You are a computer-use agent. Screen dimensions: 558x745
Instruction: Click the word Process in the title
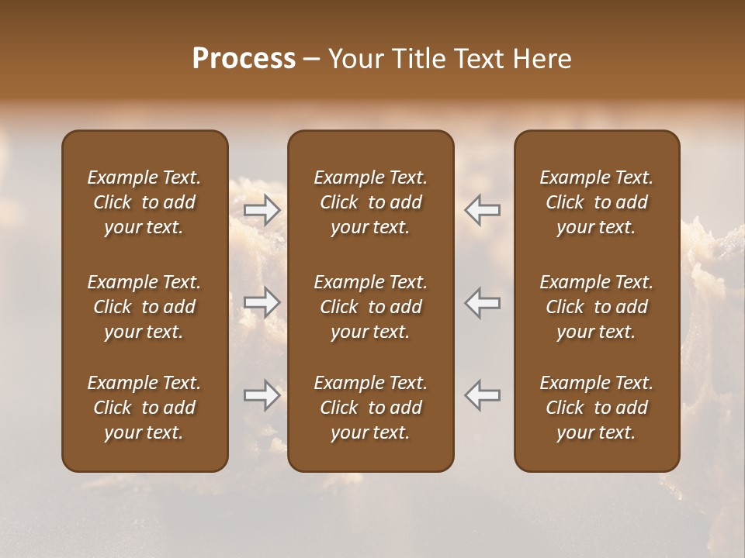coord(244,59)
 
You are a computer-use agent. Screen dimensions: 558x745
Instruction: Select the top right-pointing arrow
coord(262,210)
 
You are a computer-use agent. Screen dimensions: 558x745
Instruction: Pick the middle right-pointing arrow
coord(262,302)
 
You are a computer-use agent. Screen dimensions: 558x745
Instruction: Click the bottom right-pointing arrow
coord(262,395)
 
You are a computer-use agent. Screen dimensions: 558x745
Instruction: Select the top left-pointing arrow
coord(483,210)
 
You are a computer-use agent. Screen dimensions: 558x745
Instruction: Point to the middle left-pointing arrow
coord(483,302)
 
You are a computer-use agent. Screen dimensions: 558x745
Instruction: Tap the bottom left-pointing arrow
coord(483,395)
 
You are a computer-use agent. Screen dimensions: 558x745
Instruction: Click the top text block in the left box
coord(144,202)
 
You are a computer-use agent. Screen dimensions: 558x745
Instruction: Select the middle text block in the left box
coord(144,307)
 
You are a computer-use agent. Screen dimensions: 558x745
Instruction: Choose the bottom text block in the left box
coord(144,408)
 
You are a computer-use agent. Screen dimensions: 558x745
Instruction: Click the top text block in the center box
coord(371,202)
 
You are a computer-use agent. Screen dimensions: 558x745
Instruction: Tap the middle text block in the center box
coord(371,307)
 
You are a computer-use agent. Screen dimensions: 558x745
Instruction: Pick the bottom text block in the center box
coord(371,408)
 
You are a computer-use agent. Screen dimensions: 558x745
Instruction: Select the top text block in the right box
coord(597,202)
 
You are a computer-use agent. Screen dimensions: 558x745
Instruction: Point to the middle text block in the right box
coord(597,307)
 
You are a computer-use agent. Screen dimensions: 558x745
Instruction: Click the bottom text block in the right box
coord(597,408)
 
